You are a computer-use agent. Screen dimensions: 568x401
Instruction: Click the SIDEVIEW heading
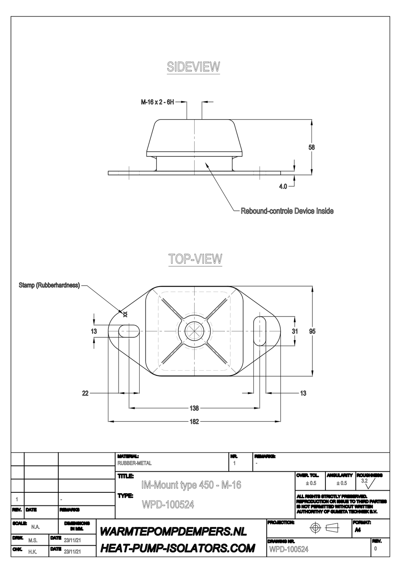(193, 67)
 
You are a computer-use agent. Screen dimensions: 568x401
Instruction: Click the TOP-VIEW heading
(195, 259)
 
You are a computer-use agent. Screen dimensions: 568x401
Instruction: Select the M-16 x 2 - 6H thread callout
(157, 102)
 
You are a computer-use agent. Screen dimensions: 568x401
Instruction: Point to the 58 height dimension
(312, 147)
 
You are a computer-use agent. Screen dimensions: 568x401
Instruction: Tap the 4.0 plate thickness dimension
(283, 186)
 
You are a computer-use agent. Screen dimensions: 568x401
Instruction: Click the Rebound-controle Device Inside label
(287, 210)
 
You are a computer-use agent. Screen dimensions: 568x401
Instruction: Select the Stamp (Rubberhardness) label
(49, 285)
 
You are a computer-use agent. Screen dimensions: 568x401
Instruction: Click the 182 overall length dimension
(194, 421)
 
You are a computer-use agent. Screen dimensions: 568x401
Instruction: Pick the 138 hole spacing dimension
(194, 408)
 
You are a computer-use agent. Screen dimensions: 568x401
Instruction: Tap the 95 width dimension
(312, 331)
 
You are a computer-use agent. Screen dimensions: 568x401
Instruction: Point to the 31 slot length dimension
(295, 331)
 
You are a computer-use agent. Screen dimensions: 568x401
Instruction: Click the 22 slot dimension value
(85, 393)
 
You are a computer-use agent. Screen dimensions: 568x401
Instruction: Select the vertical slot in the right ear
(260, 331)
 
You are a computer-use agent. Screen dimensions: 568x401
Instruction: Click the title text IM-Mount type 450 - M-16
(191, 485)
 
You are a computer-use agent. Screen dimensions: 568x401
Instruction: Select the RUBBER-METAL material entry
(134, 463)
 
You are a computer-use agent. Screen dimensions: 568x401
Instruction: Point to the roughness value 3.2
(364, 481)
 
